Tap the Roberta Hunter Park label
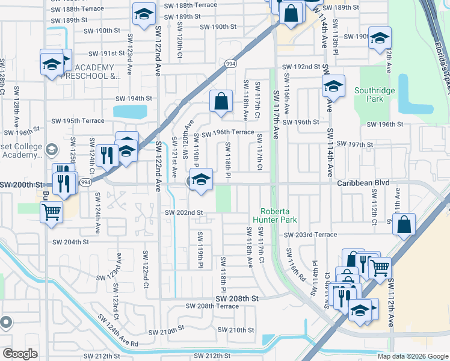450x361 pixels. pos(276,215)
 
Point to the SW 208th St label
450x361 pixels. pos(238,298)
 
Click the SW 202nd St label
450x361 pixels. pos(184,212)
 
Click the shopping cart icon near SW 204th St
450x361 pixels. pos(51,211)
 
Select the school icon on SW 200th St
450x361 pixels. pos(201,179)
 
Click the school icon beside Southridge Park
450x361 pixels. pos(333,87)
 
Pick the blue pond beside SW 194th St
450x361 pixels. pos(130,111)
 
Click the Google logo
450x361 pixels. pos(20,354)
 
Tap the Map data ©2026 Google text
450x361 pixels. pos(412,356)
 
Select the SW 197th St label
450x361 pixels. pos(355,144)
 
